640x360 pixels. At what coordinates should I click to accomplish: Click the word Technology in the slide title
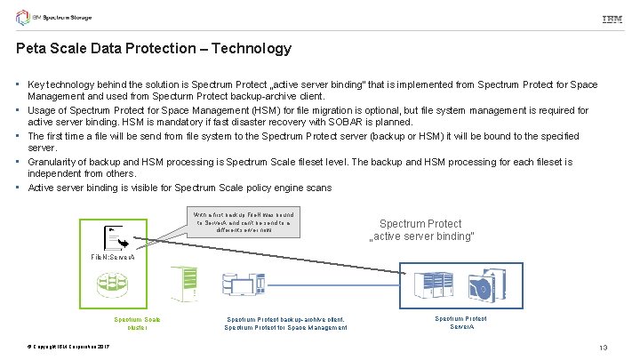point(252,48)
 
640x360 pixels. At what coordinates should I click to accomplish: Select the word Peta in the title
point(31,48)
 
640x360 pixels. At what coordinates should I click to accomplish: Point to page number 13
point(604,346)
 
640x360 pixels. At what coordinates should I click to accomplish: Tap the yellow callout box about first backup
point(243,220)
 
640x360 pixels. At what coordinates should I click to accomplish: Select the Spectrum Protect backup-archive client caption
point(285,323)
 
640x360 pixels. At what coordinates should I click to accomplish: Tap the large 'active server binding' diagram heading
point(420,230)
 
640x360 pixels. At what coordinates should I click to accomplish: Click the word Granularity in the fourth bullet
point(56,162)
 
